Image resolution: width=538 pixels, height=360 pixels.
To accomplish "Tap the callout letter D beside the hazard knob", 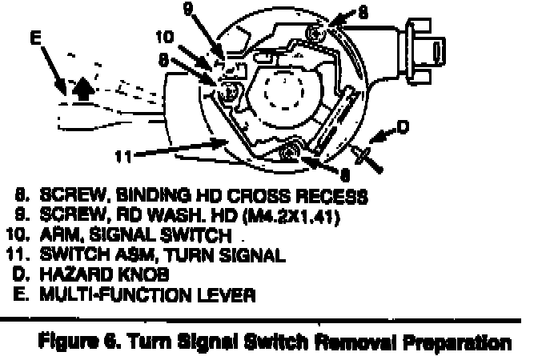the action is pyautogui.click(x=403, y=126).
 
